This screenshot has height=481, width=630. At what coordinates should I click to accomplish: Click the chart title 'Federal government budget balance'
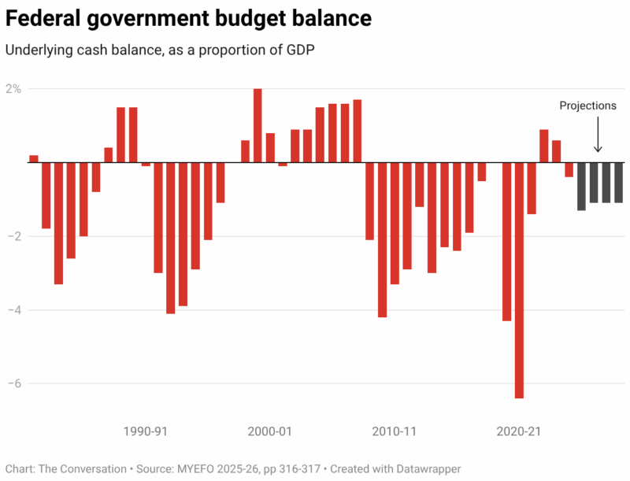tap(188, 17)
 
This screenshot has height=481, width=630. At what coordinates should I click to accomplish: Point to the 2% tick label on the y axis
tap(14, 88)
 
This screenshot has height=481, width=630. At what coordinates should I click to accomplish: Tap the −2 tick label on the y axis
tap(14, 236)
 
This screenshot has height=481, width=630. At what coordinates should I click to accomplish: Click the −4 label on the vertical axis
tap(14, 310)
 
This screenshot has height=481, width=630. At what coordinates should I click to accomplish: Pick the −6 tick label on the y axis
tap(14, 383)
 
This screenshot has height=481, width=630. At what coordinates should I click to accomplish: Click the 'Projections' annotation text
tap(587, 105)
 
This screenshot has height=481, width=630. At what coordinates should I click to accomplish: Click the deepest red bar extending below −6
tap(519, 280)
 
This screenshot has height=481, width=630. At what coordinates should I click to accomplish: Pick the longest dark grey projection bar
tap(581, 187)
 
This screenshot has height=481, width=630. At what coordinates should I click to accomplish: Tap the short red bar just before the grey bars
tap(569, 169)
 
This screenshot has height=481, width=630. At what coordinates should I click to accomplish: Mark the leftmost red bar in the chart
tap(34, 159)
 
